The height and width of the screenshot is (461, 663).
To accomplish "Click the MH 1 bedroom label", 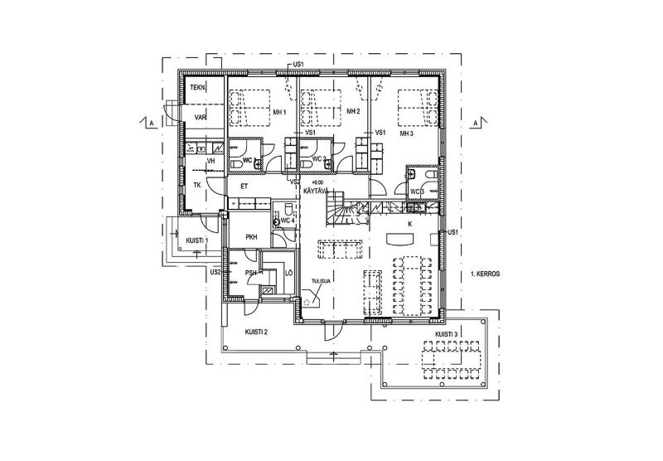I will tap(278, 113).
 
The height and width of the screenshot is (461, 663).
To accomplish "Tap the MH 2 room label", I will tap(352, 112).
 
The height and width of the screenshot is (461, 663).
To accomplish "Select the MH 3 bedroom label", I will tap(405, 133).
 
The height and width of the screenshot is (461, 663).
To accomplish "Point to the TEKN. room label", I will tap(197, 88).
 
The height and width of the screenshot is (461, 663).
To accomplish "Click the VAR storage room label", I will tap(200, 118).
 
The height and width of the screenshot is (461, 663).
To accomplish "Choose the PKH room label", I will tap(250, 237).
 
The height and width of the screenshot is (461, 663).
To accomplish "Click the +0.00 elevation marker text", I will tap(317, 182).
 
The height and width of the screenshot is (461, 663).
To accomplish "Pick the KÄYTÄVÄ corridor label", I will tap(318, 191).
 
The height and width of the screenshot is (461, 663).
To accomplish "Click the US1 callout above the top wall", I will tap(298, 64).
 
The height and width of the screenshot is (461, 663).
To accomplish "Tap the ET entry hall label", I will tap(244, 187).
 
